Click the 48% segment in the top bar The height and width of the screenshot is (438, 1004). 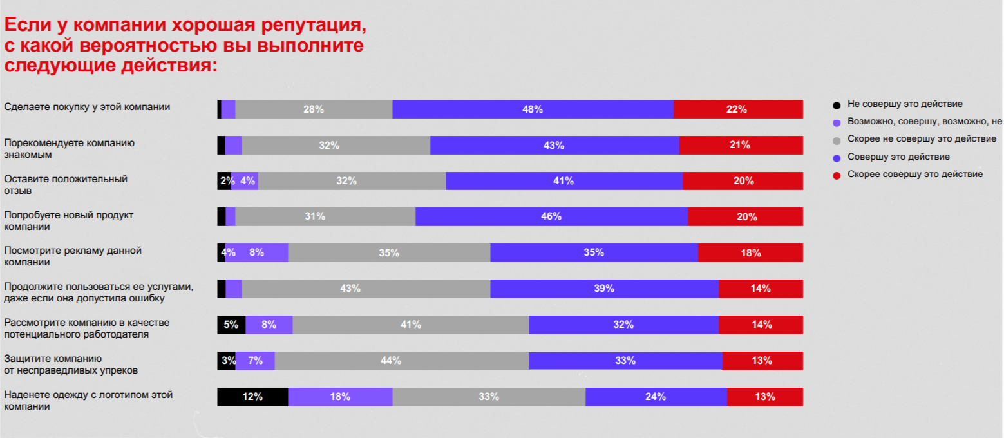pos(533,110)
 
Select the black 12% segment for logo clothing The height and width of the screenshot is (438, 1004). pos(252,397)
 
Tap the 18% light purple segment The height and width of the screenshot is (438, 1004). pos(340,397)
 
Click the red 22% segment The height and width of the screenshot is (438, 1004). pos(737,110)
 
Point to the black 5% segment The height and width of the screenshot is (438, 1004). pos(231,325)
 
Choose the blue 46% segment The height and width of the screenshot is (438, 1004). pos(551,216)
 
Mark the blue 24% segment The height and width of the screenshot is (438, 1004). pos(656,397)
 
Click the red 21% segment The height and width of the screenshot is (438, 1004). pos(741,145)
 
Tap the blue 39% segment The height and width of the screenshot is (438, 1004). pos(604,289)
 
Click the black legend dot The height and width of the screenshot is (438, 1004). pos(837,104)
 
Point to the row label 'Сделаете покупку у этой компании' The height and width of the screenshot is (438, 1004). pos(87,107)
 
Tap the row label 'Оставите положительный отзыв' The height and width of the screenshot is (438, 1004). pos(66,184)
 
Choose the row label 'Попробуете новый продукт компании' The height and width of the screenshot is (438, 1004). pos(68,220)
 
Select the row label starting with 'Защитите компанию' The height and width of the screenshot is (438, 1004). pos(71,365)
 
